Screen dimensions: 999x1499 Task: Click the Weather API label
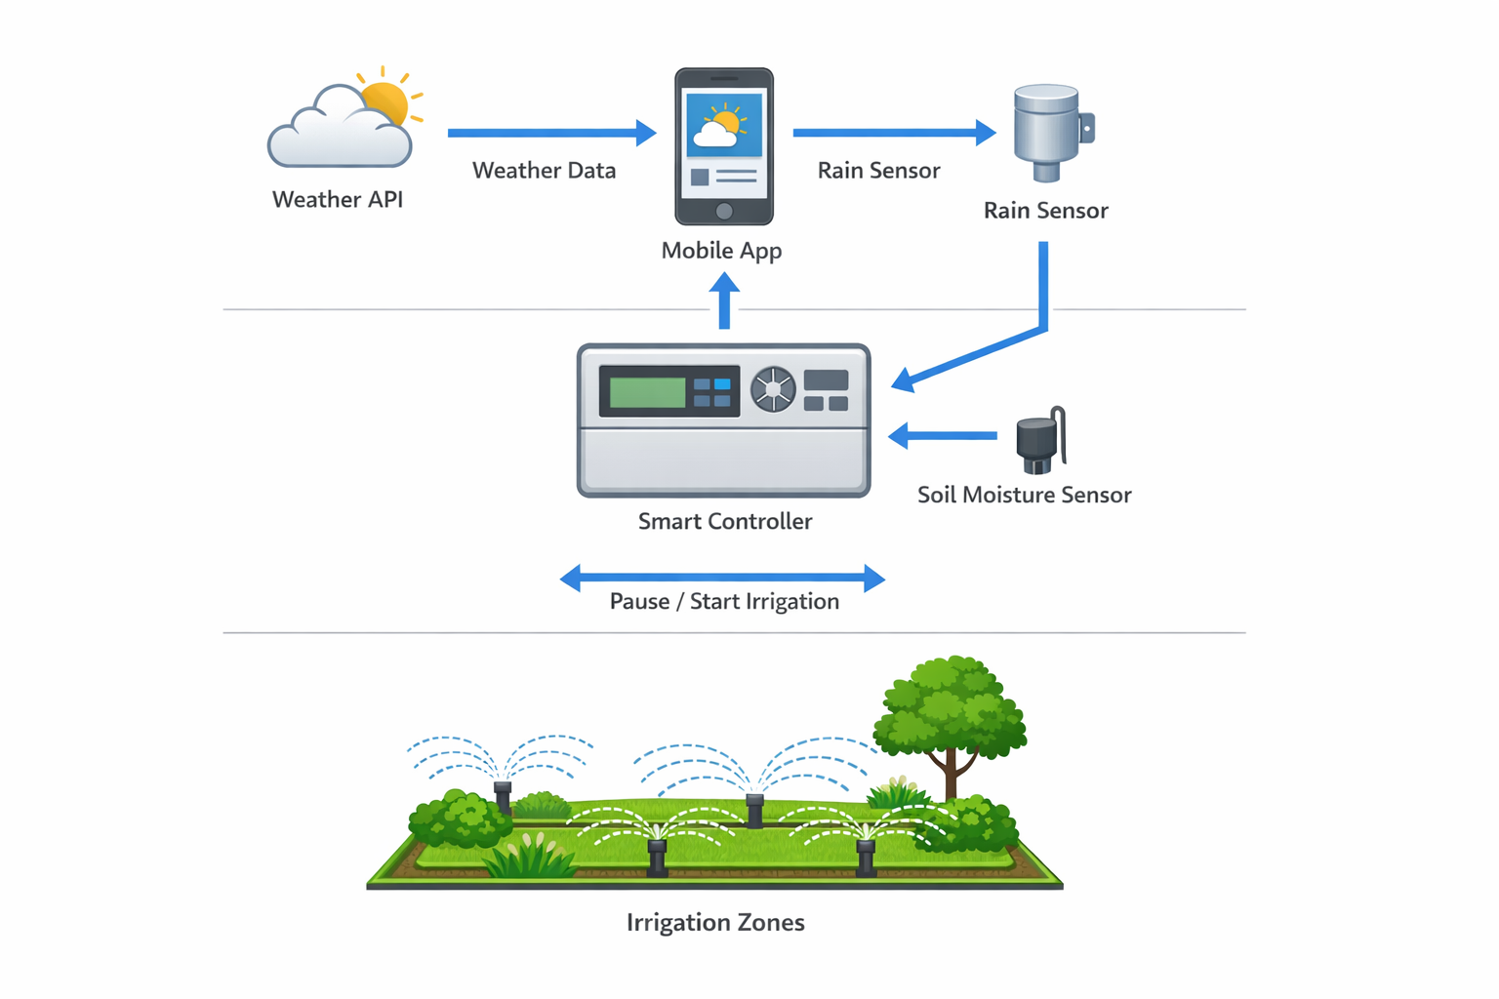338,200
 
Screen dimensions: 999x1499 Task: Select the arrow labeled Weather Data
550,133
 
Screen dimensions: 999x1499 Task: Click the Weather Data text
544,171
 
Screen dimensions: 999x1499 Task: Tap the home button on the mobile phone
724,211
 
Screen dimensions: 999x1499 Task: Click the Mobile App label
721,251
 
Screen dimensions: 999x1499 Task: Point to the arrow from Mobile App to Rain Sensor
893,133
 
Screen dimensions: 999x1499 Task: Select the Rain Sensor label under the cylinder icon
1045,211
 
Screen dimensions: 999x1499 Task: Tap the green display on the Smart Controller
647,392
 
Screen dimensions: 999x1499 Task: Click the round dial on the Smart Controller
773,389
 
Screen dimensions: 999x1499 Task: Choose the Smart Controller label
724,522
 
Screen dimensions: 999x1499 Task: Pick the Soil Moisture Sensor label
1024,496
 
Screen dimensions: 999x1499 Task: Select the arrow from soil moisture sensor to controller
943,435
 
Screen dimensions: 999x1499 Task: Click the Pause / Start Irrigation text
724,602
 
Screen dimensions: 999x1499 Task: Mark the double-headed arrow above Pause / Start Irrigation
722,579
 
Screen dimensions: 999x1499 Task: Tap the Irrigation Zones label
715,923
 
